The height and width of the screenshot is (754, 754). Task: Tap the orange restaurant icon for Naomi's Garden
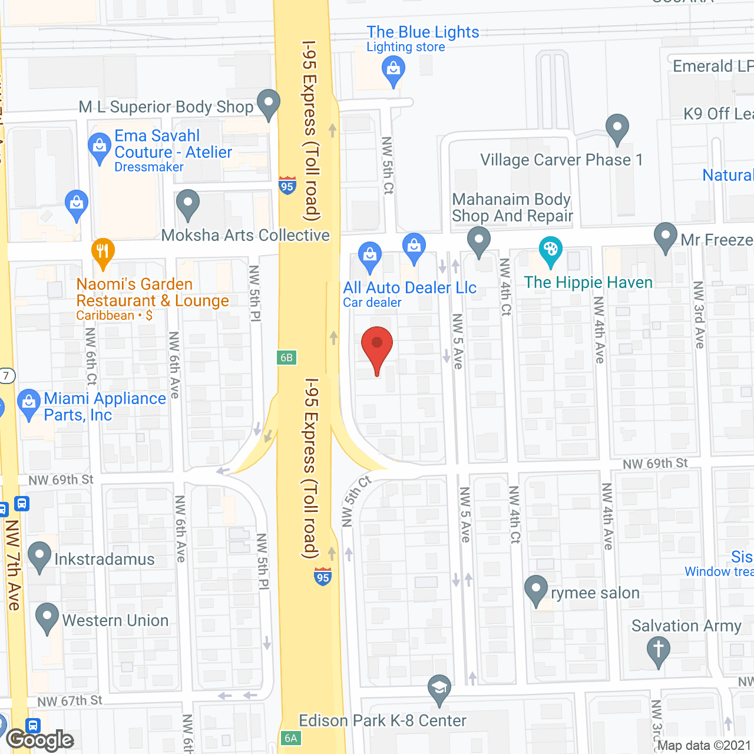tap(103, 252)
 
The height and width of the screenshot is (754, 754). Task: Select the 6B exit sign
tap(286, 358)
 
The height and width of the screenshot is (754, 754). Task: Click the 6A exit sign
tap(291, 738)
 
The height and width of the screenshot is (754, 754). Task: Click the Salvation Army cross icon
tap(658, 651)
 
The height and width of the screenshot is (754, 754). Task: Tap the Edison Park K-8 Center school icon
tap(439, 688)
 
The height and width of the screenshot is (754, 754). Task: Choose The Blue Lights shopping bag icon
tap(393, 71)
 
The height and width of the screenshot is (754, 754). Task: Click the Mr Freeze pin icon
tap(666, 236)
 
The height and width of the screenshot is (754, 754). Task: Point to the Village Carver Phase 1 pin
tap(617, 128)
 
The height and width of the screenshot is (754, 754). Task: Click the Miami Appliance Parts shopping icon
tap(29, 404)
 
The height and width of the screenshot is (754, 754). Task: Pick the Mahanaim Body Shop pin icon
tap(479, 240)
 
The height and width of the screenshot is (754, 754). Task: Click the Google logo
tap(40, 740)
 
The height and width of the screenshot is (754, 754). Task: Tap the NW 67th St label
tap(70, 701)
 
